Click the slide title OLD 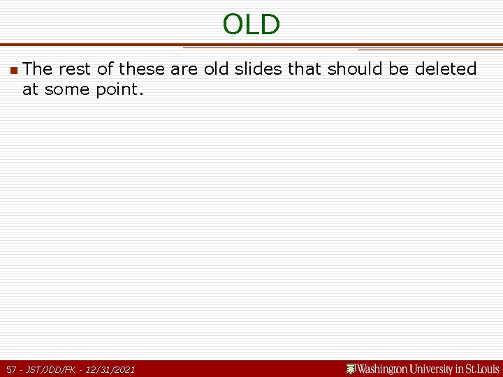pos(251,24)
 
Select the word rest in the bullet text pos(75,69)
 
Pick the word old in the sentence pos(216,69)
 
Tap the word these pos(143,69)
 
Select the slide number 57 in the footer pos(12,369)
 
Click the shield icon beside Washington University pos(351,369)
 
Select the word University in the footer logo pos(436,369)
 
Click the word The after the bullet pos(38,69)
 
